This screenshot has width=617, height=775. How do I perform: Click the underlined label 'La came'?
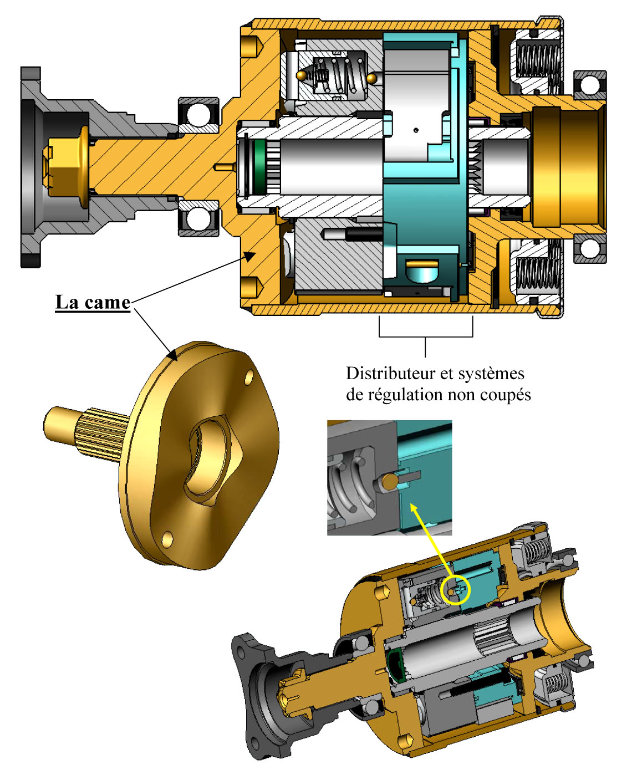pos(93,303)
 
